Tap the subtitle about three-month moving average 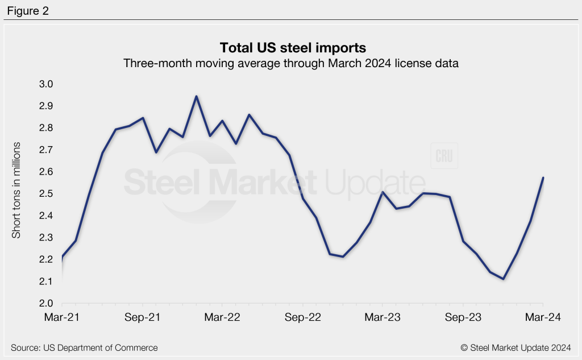pyautogui.click(x=290, y=64)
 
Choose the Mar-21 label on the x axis pyautogui.click(x=62, y=318)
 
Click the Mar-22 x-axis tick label pyautogui.click(x=222, y=318)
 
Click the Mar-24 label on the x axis pyautogui.click(x=542, y=318)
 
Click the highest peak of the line pyautogui.click(x=196, y=96)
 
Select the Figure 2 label pyautogui.click(x=28, y=10)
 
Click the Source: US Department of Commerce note pyautogui.click(x=84, y=347)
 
